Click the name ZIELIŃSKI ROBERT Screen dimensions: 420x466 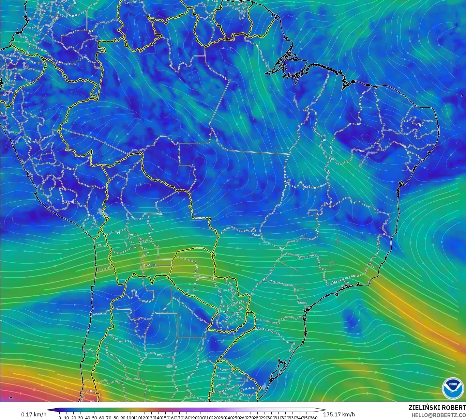[x=437, y=408]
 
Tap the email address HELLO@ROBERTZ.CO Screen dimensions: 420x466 [x=438, y=415]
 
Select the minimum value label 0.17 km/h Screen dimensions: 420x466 [x=34, y=414]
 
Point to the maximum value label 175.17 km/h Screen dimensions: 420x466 [x=339, y=414]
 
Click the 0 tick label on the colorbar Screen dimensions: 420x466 [x=60, y=418]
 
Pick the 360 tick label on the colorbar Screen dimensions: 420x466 [x=314, y=418]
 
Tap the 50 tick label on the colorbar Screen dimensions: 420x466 [x=95, y=418]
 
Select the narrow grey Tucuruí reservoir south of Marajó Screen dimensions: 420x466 [x=296, y=101]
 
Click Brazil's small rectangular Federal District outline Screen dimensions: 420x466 [x=313, y=213]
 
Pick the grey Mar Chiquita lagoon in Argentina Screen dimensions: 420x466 [x=170, y=366]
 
